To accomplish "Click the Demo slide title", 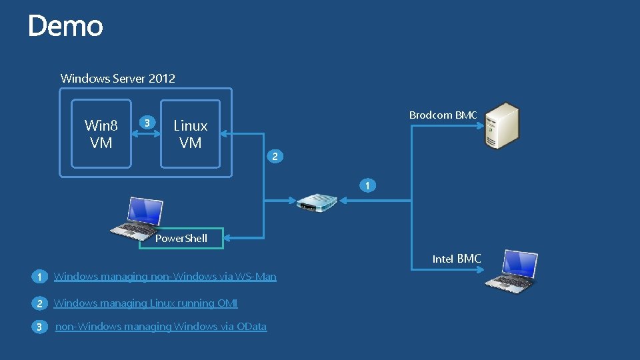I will coord(65,27).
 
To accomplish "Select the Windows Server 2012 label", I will coord(118,78).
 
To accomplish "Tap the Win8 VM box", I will coord(101,134).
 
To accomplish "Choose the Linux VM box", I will coord(190,134).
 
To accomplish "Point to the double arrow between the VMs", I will coord(147,133).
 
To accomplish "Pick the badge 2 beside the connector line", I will coord(274,157).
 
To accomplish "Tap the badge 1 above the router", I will coord(366,185).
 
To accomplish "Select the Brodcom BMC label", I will coord(443,115).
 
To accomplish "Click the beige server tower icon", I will coord(501,125).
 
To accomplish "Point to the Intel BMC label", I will coord(457,259).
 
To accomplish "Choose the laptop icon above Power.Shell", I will coord(137,217).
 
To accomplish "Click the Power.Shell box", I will coord(181,238).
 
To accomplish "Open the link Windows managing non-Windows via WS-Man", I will coord(165,276).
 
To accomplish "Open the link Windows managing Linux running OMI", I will coord(145,303).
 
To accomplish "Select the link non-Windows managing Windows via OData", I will coord(161,326).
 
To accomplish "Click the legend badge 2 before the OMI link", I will coord(39,303).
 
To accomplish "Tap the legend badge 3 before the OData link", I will coord(39,327).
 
